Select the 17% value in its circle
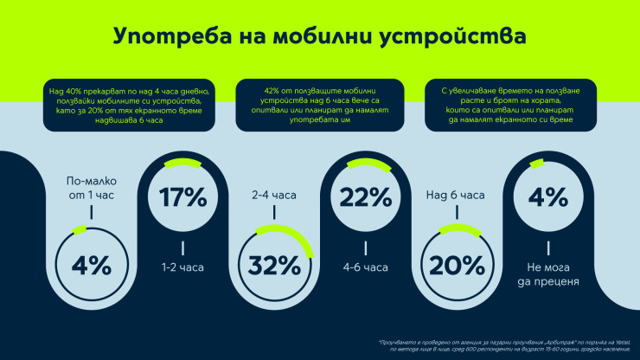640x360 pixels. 182,198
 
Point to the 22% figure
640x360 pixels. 365,198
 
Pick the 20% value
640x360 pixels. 456,265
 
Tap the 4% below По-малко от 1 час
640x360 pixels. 91,265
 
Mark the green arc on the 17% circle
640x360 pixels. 182,162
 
